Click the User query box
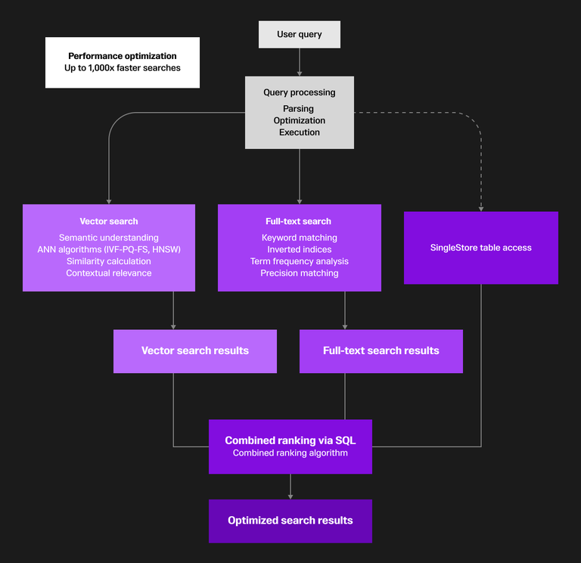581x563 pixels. (x=299, y=34)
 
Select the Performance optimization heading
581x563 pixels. (x=123, y=56)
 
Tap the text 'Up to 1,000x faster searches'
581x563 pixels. (x=123, y=68)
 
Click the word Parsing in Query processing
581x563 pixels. (x=299, y=109)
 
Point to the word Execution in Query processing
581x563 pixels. (x=299, y=132)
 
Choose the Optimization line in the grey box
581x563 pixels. (x=299, y=120)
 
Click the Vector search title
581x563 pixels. (x=109, y=222)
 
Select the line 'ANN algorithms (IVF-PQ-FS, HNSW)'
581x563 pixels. (x=109, y=250)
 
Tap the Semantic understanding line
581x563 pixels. (x=109, y=238)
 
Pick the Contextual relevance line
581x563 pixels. (x=109, y=273)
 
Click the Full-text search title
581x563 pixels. (x=299, y=222)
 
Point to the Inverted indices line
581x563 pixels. (x=299, y=250)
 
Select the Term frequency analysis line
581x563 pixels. (x=299, y=262)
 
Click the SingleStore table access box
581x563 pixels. (x=480, y=247)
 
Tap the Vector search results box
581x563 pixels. (x=194, y=351)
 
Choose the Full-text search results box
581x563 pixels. (x=381, y=351)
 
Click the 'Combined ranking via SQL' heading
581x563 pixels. (x=290, y=440)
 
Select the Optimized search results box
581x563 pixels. (x=290, y=521)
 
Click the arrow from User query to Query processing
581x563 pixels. (x=300, y=62)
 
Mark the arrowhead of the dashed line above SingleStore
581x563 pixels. (x=481, y=207)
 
